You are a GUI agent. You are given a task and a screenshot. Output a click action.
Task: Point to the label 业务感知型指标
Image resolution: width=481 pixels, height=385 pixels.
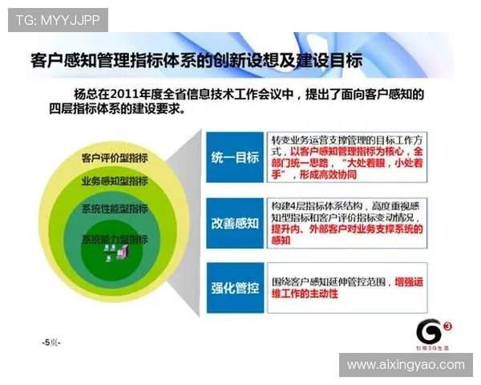click(x=115, y=181)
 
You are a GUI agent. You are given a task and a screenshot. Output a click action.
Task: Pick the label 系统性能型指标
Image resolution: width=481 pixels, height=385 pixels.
click(x=115, y=209)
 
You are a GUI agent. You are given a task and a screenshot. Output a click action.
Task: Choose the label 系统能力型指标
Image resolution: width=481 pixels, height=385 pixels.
click(x=115, y=239)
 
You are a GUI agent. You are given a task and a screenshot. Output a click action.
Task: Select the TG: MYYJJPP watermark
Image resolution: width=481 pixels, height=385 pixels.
click(x=58, y=18)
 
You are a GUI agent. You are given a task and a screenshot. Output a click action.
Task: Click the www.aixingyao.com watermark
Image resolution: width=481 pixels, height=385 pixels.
click(x=405, y=364)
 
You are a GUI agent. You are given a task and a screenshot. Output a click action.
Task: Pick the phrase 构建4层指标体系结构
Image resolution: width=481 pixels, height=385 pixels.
click(x=317, y=204)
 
